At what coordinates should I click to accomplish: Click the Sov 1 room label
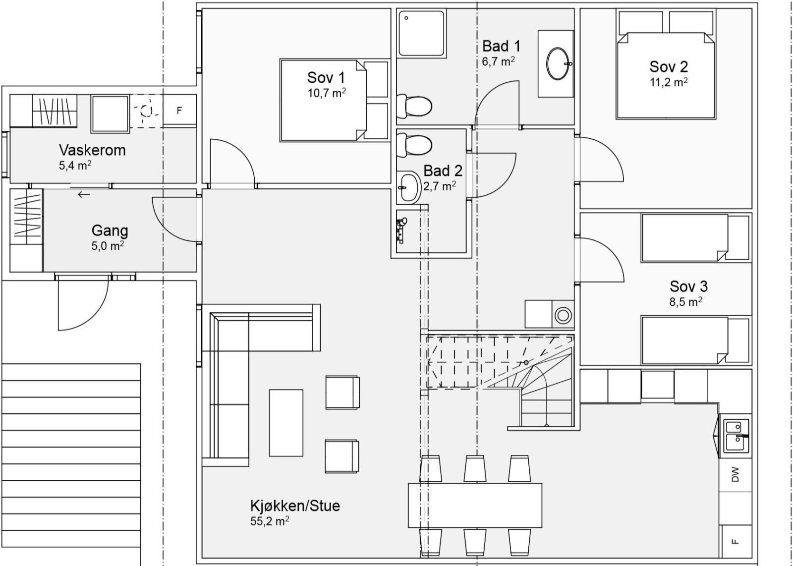coord(326,78)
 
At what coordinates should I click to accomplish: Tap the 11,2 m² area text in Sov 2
coord(669,82)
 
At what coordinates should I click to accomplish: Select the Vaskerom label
coord(92,150)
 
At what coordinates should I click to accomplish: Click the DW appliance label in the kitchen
coord(735,474)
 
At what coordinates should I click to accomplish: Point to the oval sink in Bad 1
coord(559,63)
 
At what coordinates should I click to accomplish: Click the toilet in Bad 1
coord(415,106)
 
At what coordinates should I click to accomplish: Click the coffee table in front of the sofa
coord(286,422)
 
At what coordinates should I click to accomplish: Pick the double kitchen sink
coord(736,436)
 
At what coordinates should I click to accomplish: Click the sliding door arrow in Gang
coord(84,194)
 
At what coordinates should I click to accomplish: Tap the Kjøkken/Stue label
coord(295,506)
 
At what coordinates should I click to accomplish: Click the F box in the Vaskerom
coord(179,110)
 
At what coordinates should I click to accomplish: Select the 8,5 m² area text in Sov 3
coord(685,301)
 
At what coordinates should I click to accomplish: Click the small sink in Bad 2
coord(408,187)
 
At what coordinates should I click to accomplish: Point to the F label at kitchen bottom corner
coord(735,541)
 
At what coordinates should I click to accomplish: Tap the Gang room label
coord(110,230)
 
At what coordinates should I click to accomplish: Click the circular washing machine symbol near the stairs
coord(563,315)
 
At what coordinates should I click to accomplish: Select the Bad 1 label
coord(501,46)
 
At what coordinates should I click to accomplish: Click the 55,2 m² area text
coord(270,521)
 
